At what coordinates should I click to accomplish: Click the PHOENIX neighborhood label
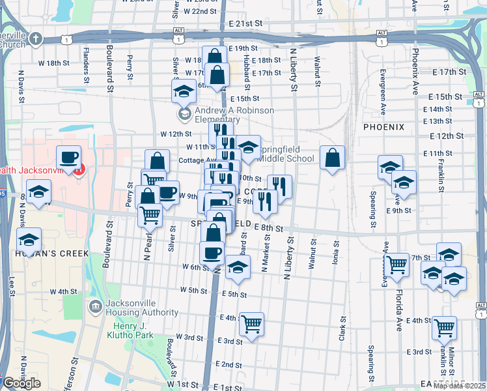tap(383, 126)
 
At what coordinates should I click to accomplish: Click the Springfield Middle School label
tap(288, 154)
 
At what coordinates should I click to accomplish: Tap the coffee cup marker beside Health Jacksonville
tap(68, 157)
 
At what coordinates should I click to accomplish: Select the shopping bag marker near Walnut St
tap(332, 157)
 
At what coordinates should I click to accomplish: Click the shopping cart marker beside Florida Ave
tap(397, 265)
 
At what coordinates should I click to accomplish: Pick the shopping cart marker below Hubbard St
tap(251, 324)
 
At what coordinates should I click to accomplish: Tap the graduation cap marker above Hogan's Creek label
tap(29, 239)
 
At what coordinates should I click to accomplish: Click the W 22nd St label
tap(200, 11)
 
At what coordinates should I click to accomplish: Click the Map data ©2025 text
tap(459, 386)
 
